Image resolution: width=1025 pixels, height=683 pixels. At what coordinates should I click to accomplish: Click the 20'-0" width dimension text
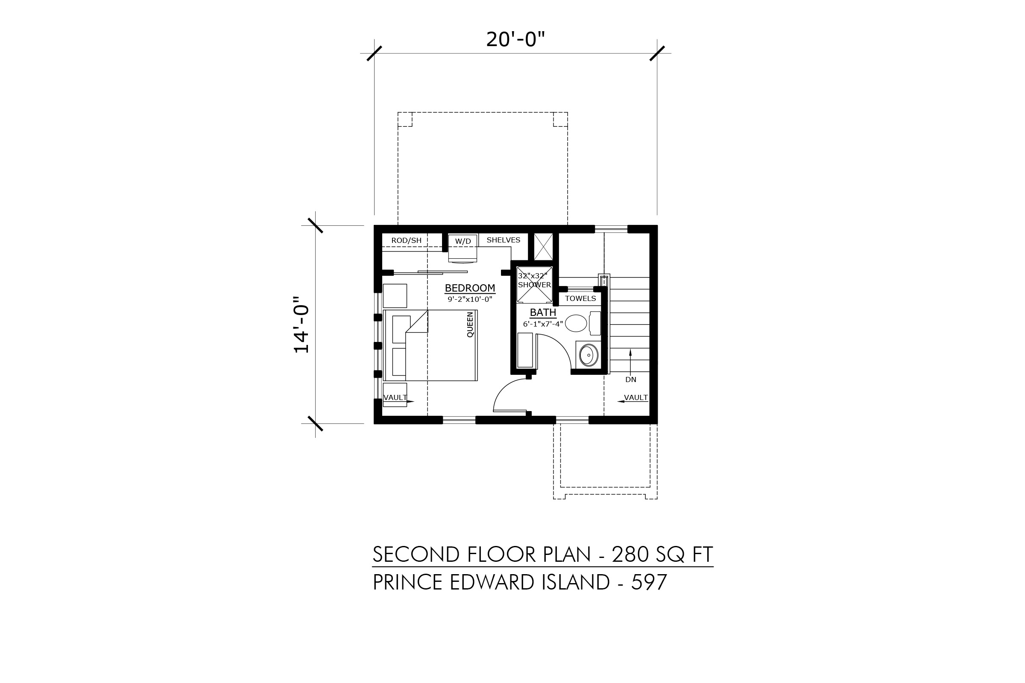515,40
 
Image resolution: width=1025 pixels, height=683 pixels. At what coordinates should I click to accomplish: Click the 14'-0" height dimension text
302,324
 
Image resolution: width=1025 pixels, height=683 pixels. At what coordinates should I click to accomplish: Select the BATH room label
543,312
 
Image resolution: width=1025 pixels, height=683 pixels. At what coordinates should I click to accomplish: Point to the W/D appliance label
463,241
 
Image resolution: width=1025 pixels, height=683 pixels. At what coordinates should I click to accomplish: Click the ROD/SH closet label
406,240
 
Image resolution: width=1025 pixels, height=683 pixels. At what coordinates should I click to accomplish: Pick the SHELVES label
504,240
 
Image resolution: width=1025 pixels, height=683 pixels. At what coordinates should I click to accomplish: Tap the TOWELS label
580,298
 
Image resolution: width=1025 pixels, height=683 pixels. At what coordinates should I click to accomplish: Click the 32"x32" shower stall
534,285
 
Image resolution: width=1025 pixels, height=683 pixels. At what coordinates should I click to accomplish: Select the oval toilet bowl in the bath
576,323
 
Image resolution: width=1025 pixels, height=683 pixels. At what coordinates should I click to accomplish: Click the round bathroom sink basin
589,355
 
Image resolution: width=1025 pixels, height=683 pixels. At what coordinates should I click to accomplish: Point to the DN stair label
631,379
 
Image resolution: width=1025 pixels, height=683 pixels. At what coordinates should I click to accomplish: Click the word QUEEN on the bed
470,324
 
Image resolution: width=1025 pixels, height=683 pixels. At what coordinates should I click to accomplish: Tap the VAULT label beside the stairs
636,397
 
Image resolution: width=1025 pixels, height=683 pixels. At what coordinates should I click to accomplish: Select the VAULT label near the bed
395,397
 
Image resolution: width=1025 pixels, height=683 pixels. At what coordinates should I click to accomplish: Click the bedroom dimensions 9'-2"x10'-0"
470,299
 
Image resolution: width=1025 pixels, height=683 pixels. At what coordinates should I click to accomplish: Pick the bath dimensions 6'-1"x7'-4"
543,324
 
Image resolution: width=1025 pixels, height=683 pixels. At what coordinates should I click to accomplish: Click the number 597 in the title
649,582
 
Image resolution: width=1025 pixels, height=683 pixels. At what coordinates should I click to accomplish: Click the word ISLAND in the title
576,582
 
